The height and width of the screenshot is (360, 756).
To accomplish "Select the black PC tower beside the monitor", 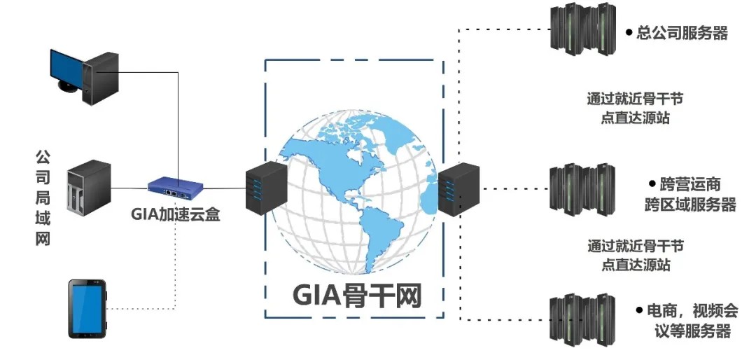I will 97,76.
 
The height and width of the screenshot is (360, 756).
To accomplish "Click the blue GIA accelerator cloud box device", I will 175,187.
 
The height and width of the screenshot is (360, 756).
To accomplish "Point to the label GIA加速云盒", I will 176,214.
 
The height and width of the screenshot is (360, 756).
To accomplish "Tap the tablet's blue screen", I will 87,307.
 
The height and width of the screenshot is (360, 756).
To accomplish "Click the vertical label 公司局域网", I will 43,197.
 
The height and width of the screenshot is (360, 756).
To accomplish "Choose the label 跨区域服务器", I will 690,205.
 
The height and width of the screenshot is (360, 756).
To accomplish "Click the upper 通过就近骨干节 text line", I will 635,99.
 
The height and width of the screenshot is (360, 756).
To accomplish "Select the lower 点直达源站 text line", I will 635,265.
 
